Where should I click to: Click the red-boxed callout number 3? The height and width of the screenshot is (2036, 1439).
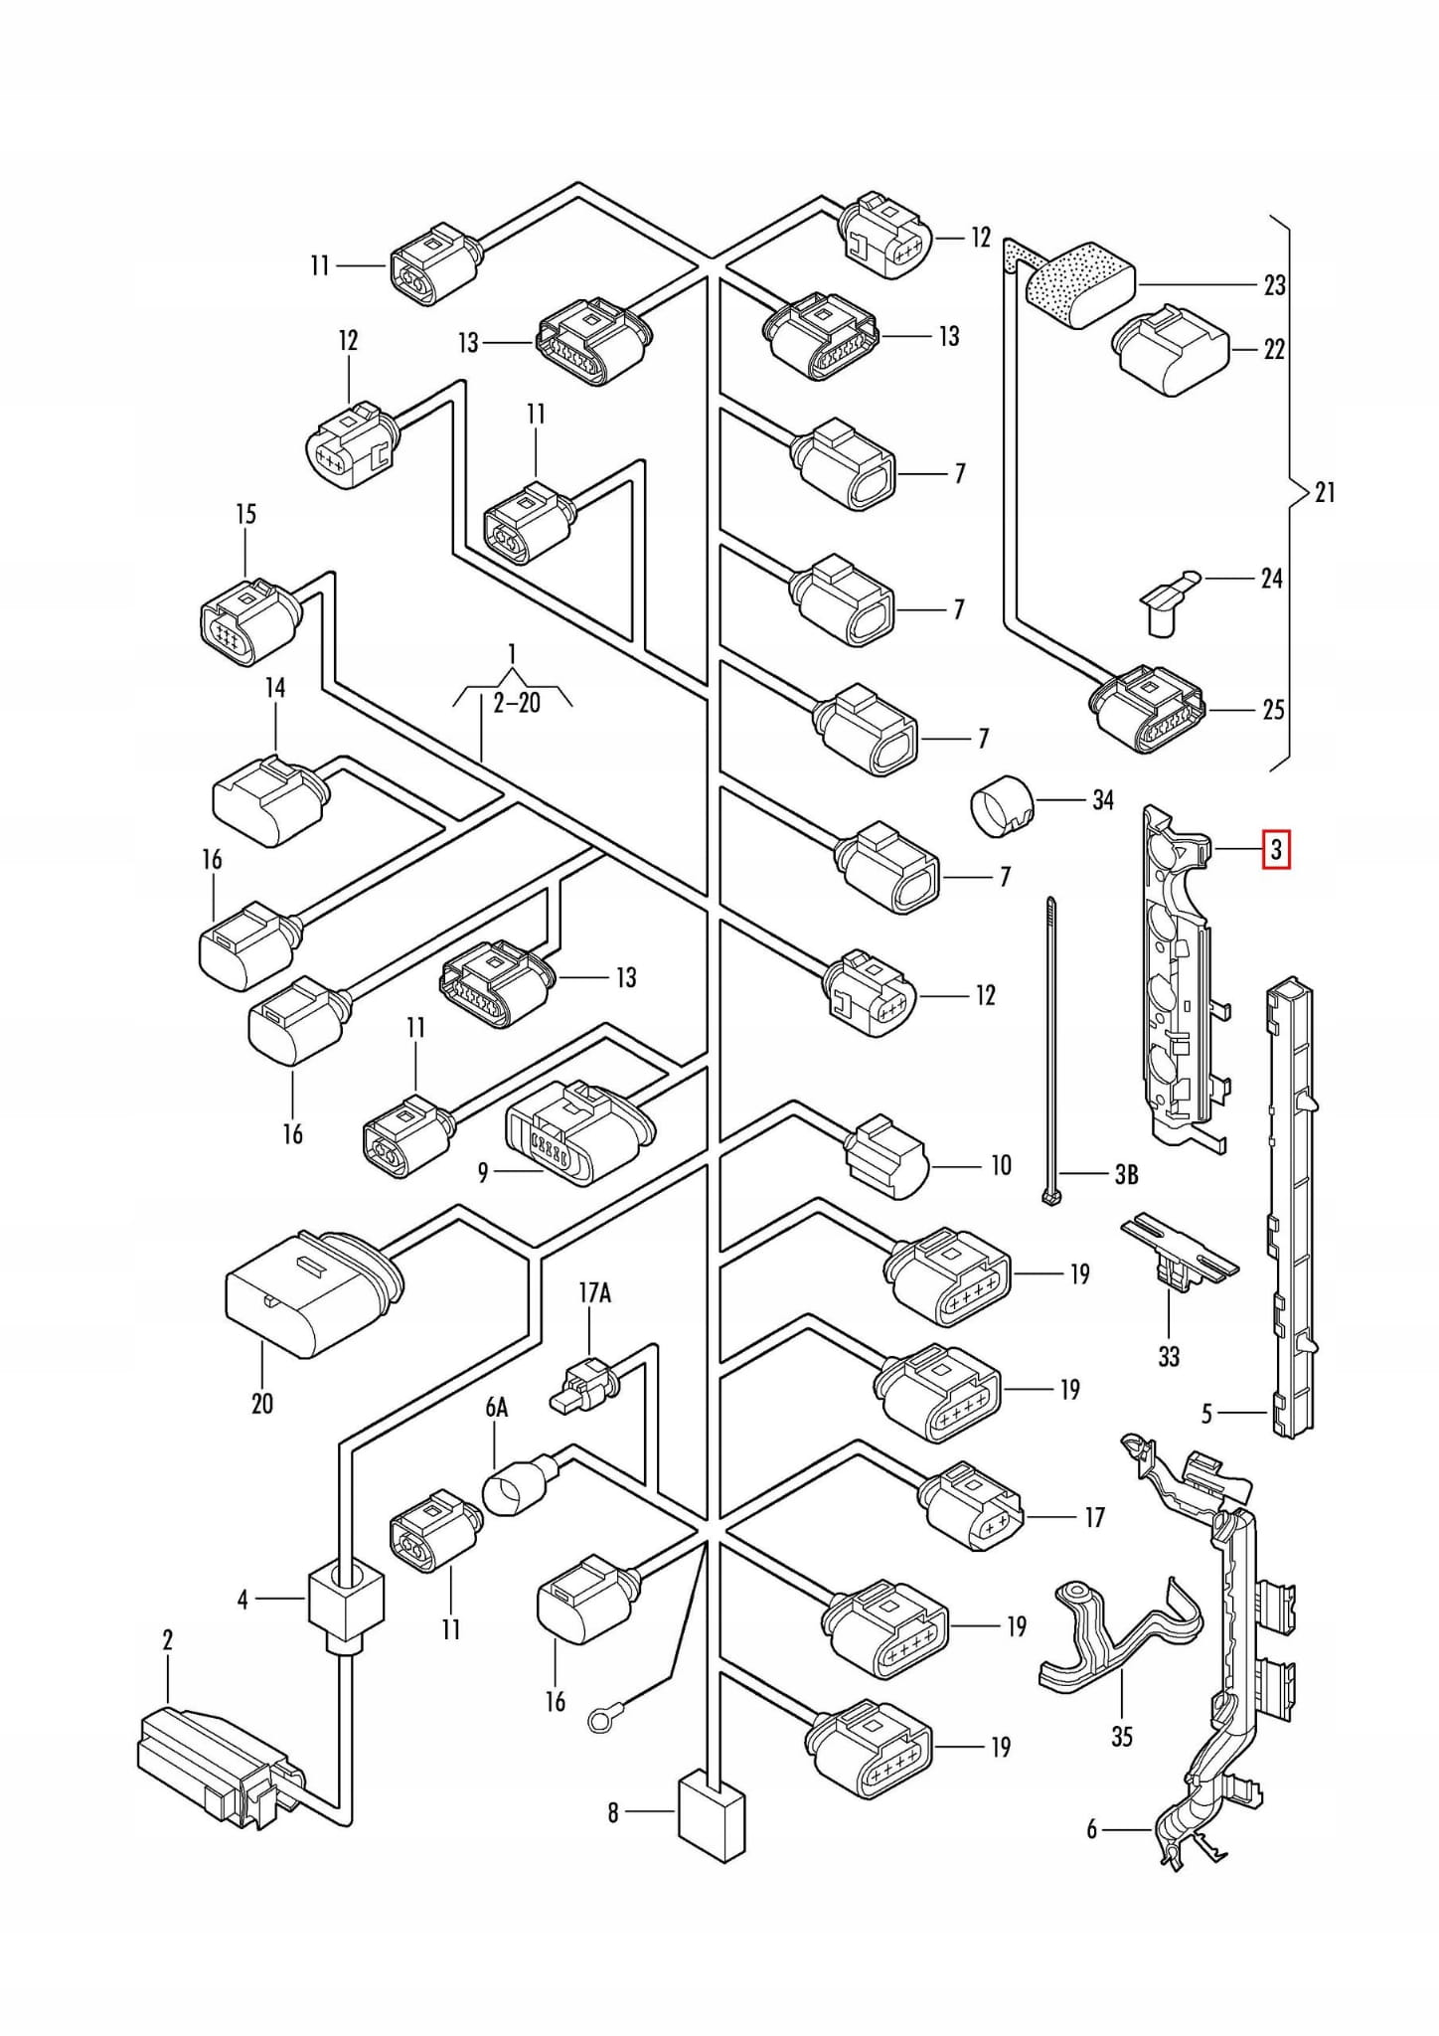point(1276,851)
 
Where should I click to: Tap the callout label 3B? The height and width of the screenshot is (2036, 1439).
point(1125,1175)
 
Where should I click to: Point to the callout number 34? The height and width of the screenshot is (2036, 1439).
point(1102,800)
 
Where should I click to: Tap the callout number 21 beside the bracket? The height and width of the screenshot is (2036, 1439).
point(1325,492)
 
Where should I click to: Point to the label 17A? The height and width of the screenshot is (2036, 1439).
point(594,1292)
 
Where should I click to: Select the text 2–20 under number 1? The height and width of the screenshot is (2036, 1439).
point(517,704)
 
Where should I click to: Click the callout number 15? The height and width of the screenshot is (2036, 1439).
point(245,514)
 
